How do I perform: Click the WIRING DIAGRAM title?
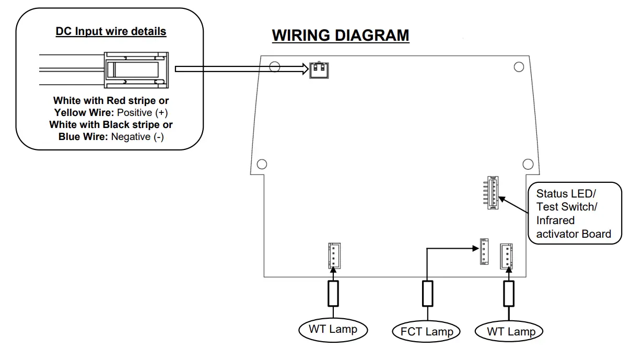click(x=341, y=36)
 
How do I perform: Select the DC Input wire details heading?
click(x=111, y=31)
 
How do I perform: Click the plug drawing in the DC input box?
click(x=136, y=69)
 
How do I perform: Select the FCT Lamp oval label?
click(x=427, y=331)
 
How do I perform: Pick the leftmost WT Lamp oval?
click(x=333, y=329)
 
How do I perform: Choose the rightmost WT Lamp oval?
click(x=510, y=331)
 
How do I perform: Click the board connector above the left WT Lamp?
click(x=334, y=256)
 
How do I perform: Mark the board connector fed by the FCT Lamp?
click(x=485, y=252)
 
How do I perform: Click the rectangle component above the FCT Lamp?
click(x=427, y=293)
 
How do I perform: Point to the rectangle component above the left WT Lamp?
click(x=333, y=293)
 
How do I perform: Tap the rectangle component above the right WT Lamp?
click(x=509, y=293)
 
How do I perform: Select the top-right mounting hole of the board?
click(x=519, y=66)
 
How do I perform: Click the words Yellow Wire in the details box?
click(x=85, y=112)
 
